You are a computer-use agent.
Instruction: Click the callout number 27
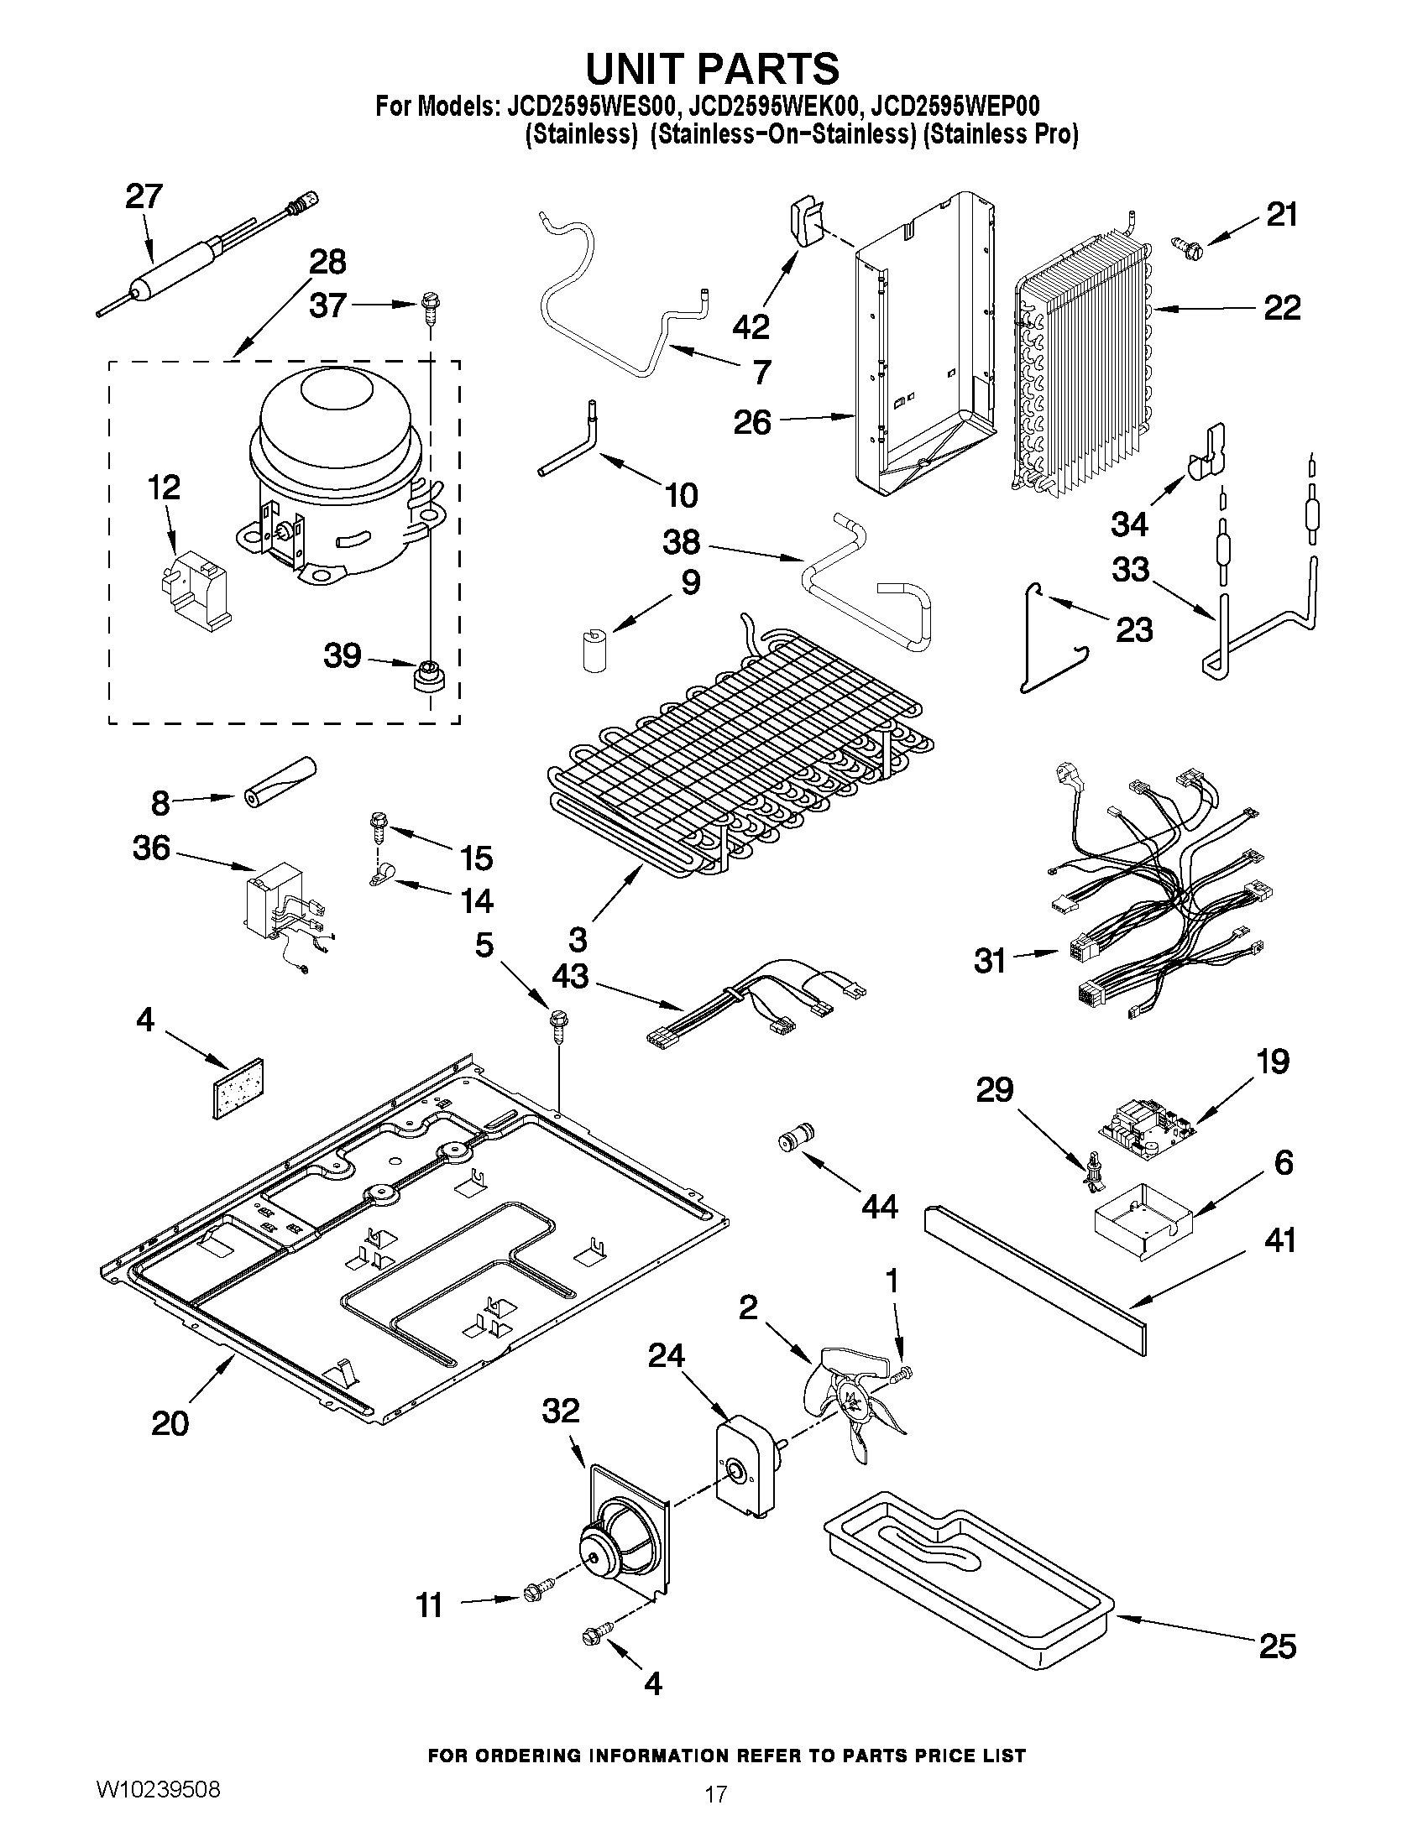tap(144, 197)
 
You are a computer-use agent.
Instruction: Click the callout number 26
tap(752, 422)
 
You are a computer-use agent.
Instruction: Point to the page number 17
tap(715, 1814)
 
